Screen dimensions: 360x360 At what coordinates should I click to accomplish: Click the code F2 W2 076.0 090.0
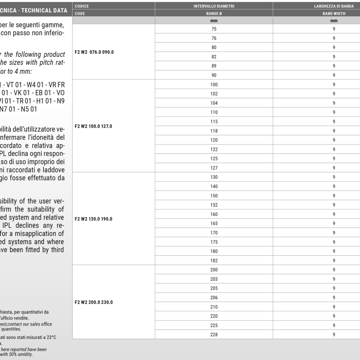click(94, 52)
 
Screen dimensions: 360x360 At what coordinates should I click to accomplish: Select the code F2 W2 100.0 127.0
click(93, 126)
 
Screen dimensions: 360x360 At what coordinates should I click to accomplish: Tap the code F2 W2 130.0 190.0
click(93, 219)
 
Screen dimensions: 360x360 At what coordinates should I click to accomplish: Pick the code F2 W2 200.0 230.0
click(93, 302)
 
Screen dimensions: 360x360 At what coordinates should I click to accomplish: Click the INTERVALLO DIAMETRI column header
click(214, 6)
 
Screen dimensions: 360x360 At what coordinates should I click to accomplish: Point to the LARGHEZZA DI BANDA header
click(334, 6)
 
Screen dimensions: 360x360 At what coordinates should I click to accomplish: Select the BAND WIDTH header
click(334, 14)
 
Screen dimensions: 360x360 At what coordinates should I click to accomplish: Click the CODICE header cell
click(82, 6)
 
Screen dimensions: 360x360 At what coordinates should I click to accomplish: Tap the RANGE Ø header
click(214, 14)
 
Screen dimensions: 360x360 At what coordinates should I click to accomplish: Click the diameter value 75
click(214, 29)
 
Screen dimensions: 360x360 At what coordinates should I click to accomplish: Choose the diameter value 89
click(214, 66)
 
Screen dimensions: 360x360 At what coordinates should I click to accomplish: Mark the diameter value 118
click(214, 131)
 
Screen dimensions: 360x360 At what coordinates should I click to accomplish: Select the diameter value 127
click(214, 168)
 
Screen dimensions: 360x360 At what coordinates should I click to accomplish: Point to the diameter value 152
click(214, 205)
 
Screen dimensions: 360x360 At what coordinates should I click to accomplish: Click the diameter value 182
click(214, 261)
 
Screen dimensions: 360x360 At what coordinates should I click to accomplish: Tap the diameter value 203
click(214, 279)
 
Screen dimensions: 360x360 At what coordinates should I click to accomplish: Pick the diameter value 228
click(214, 335)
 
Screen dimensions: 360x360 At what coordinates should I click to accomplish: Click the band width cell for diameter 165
click(334, 223)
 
